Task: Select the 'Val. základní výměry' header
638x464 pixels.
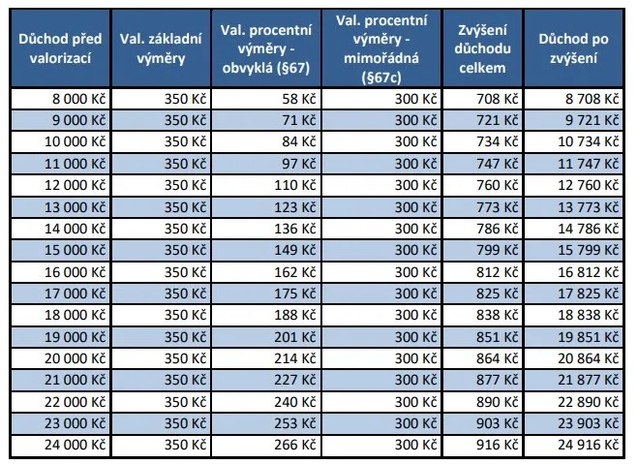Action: point(160,48)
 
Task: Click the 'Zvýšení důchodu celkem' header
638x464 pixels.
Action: point(482,48)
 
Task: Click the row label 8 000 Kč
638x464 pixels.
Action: point(80,98)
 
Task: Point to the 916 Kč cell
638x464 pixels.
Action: point(503,446)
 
